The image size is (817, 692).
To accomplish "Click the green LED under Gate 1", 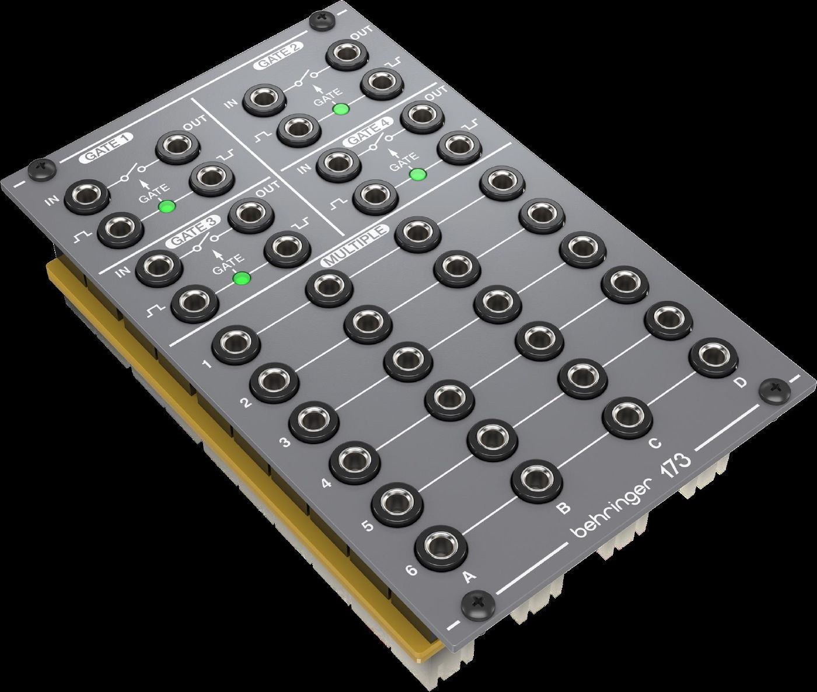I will pyautogui.click(x=167, y=206).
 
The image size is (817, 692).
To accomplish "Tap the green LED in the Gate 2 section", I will pyautogui.click(x=340, y=109).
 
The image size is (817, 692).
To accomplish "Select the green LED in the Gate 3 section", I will pyautogui.click(x=240, y=278).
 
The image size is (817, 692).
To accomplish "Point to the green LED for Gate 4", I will pyautogui.click(x=417, y=174).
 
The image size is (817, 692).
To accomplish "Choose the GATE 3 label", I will pyautogui.click(x=193, y=230).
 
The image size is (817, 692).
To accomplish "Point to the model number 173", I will pyautogui.click(x=676, y=466).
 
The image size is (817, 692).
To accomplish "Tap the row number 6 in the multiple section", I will pyautogui.click(x=411, y=570).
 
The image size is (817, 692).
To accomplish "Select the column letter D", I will pyautogui.click(x=740, y=383).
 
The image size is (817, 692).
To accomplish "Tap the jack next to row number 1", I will pyautogui.click(x=235, y=344).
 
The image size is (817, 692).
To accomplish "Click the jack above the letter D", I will pyautogui.click(x=713, y=357).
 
